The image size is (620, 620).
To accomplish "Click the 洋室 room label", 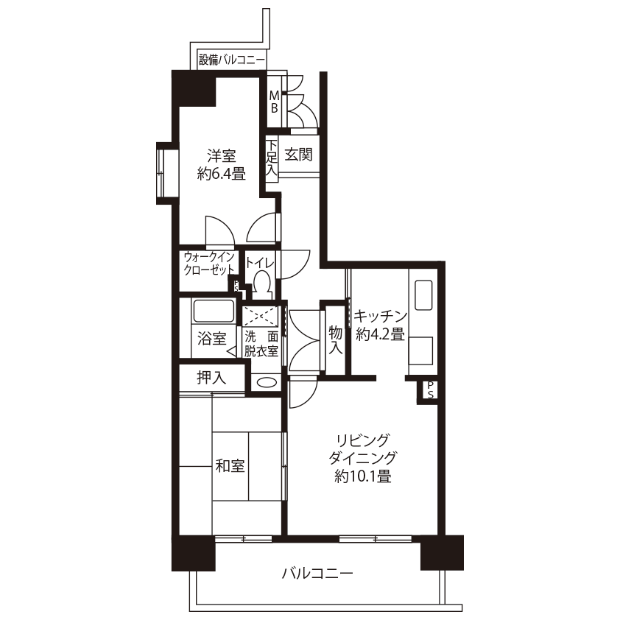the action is [x=222, y=155].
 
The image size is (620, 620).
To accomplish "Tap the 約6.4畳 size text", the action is [x=222, y=174].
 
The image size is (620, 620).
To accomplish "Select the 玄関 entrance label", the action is [x=298, y=154].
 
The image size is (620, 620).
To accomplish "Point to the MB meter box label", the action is [x=274, y=102].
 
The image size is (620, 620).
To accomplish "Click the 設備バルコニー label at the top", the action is [x=232, y=60].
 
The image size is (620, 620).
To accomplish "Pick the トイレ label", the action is [x=260, y=263].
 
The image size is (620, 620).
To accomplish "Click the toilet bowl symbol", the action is [x=262, y=285].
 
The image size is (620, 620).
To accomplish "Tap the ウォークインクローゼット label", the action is [x=209, y=264].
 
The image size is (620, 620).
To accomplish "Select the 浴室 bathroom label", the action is [x=211, y=339].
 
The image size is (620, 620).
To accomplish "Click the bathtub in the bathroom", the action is [x=213, y=311].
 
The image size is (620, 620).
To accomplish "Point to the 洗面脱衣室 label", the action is [x=261, y=344].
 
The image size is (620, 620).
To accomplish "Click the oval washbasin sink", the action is [x=266, y=382].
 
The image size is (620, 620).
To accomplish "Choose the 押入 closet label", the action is [x=211, y=378].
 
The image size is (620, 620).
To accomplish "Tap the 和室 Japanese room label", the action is [x=230, y=465].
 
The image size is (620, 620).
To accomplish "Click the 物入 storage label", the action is [x=335, y=340].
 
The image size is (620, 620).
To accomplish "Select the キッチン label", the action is [x=381, y=316].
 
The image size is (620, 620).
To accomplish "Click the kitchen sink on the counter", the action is [x=423, y=295].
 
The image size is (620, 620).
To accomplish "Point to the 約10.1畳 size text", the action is [x=362, y=476].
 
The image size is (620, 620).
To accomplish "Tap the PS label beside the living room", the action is [x=430, y=390].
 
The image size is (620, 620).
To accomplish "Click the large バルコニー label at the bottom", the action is [x=317, y=573].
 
